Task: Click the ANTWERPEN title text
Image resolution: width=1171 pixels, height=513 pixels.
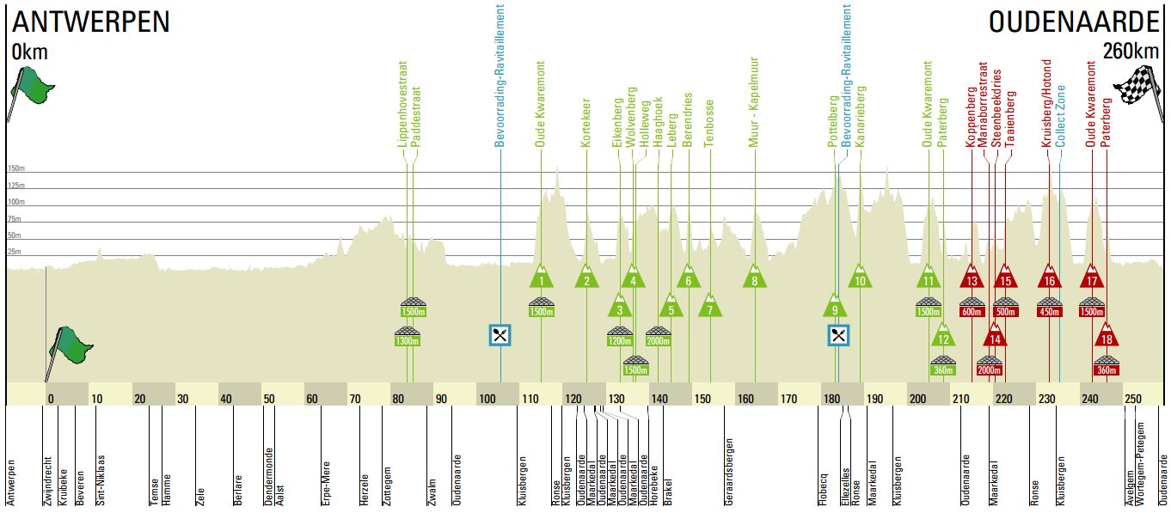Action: click(91, 21)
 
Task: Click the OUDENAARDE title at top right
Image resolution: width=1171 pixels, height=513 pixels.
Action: click(1074, 21)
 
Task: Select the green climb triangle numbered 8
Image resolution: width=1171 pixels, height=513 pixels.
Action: click(755, 278)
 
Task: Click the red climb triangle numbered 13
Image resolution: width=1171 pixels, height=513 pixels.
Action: click(972, 278)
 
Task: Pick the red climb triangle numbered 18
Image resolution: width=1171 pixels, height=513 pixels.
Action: click(1107, 337)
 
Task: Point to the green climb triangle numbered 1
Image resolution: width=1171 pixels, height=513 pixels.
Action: click(542, 278)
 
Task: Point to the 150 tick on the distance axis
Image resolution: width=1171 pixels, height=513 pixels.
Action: click(703, 398)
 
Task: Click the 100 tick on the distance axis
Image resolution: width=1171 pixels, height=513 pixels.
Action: click(487, 398)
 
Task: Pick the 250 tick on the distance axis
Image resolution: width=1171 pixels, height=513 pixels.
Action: click(1133, 398)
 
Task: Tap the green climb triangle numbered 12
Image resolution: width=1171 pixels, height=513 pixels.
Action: click(943, 337)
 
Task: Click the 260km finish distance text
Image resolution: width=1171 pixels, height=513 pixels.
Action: click(1134, 52)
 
